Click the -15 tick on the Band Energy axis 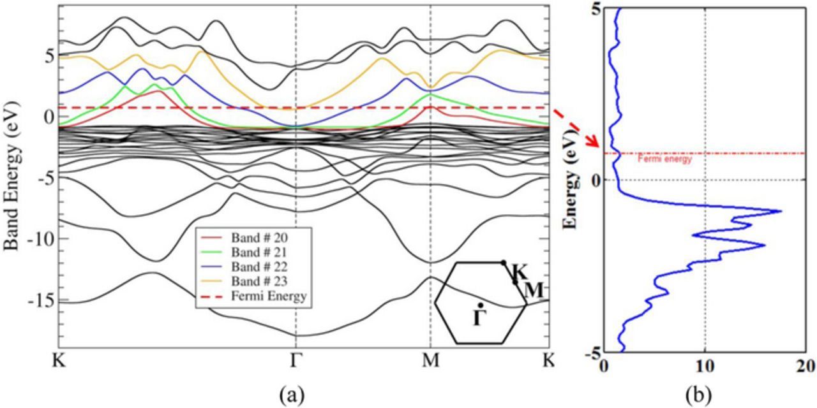[x=41, y=300]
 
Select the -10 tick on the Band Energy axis [x=41, y=239]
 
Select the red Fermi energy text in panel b [x=664, y=160]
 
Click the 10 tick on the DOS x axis [x=705, y=367]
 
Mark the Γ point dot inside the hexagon [x=479, y=306]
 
